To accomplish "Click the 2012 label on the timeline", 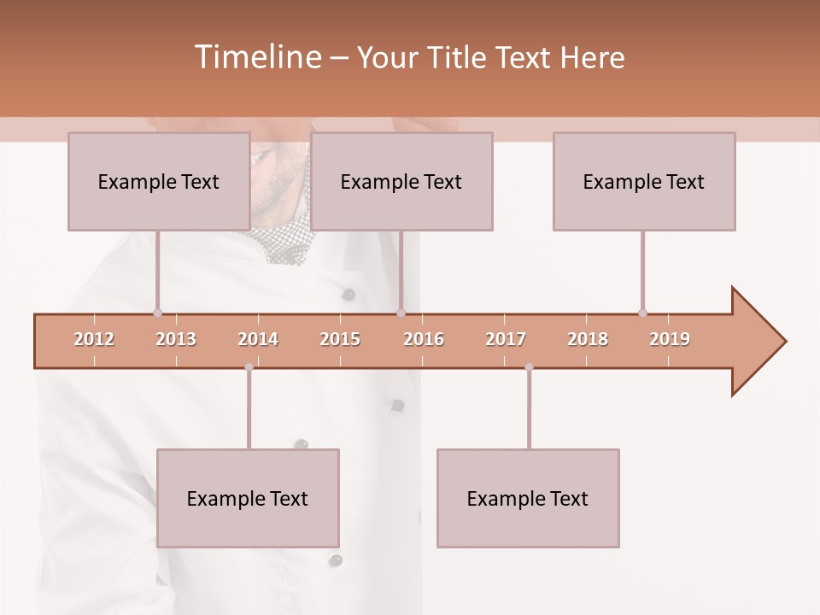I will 94,339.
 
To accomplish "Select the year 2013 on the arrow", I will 176,339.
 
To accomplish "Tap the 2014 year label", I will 258,339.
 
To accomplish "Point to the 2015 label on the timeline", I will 340,339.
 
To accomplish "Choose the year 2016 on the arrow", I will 424,339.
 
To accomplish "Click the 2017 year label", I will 506,339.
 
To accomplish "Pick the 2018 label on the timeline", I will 588,339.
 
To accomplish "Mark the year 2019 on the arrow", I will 670,339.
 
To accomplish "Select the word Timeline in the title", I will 256,57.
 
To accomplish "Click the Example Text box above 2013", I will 159,181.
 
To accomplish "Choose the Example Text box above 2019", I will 644,181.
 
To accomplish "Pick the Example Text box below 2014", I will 248,498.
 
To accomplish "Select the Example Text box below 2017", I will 528,498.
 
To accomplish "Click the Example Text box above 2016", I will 401,181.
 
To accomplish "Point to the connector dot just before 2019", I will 642,313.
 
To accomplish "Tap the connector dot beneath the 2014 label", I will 249,367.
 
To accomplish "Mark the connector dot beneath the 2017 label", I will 529,367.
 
